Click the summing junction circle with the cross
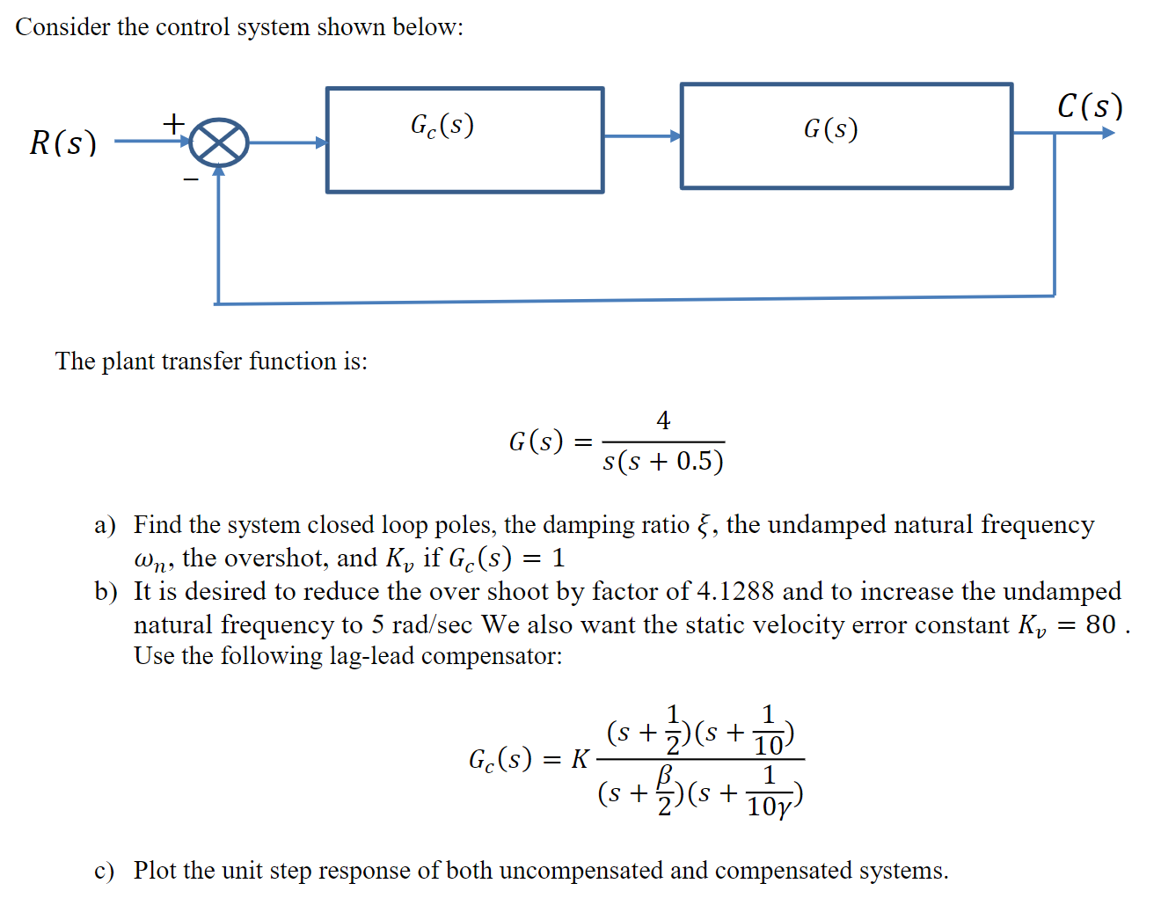point(219,142)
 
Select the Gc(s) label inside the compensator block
point(442,126)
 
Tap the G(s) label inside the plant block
point(830,129)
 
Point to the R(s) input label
point(62,142)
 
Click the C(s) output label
point(1090,106)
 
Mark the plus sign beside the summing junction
point(174,122)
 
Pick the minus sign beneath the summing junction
point(191,179)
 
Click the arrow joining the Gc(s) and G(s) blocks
point(642,136)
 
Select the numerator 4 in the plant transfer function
point(663,420)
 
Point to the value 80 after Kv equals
point(1100,624)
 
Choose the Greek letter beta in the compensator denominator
point(666,774)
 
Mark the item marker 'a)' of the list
point(106,525)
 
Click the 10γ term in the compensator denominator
point(769,806)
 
